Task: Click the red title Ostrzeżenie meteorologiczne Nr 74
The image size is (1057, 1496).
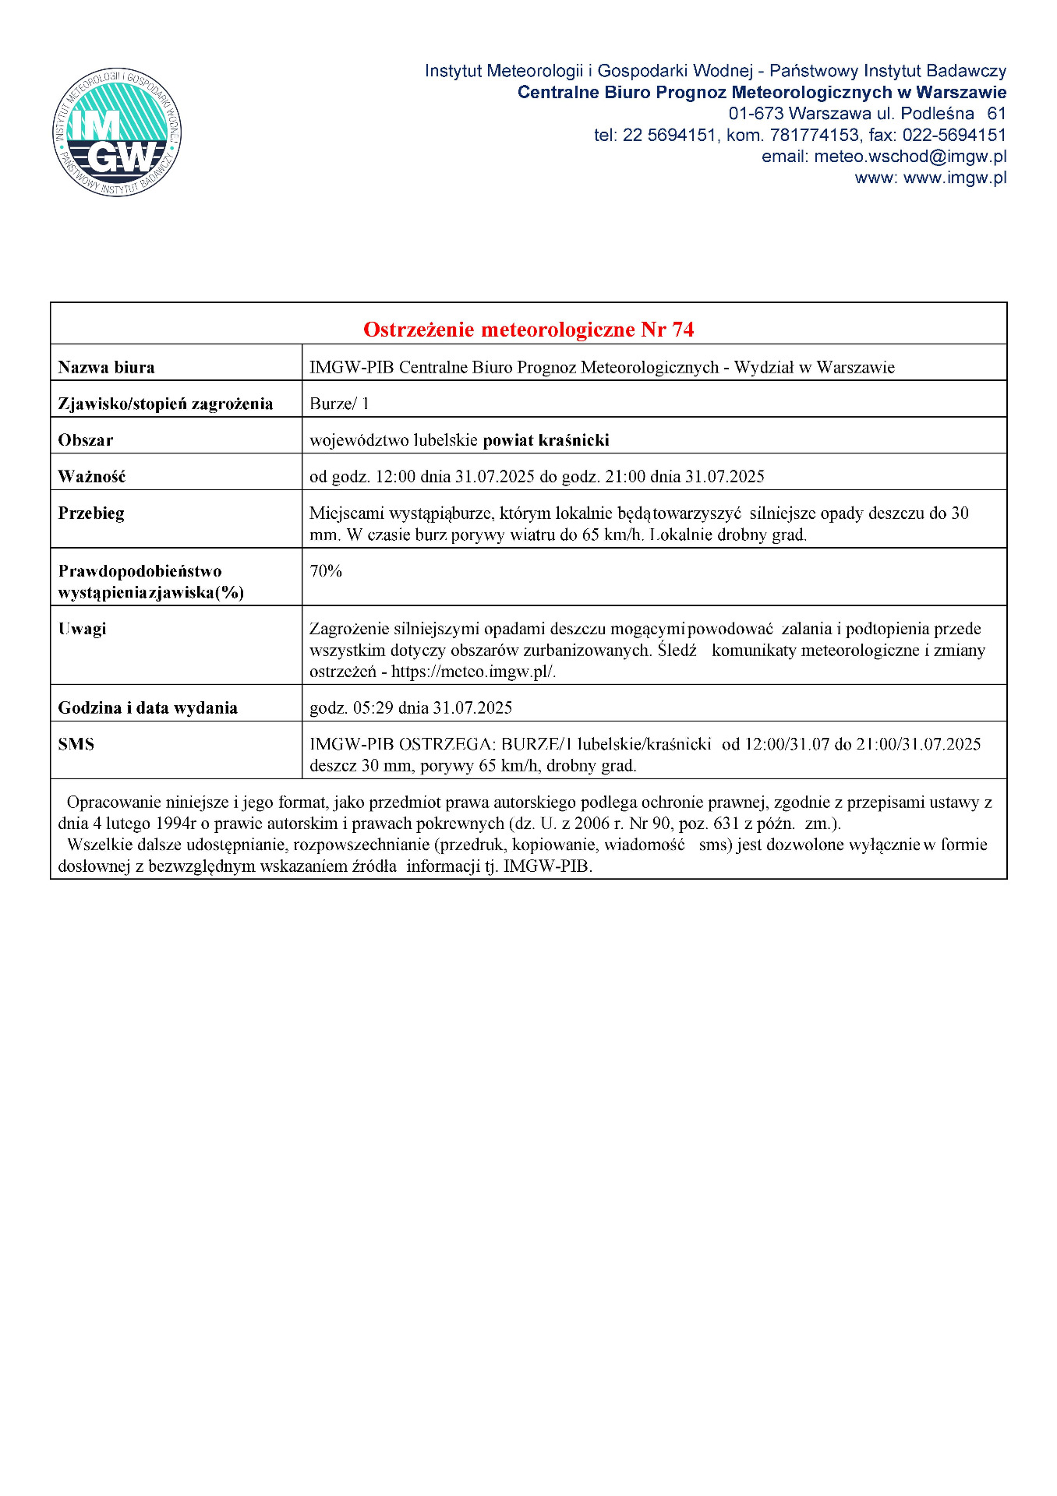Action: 528,330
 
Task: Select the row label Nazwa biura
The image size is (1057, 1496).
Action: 106,367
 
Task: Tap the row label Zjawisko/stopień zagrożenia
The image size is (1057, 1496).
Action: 165,404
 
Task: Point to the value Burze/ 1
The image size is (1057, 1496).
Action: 339,404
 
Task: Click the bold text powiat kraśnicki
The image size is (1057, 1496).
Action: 546,440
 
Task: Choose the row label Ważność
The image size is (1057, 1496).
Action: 92,476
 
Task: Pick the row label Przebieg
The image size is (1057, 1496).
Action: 91,513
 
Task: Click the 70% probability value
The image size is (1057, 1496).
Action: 326,571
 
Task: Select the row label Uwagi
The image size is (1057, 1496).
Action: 82,629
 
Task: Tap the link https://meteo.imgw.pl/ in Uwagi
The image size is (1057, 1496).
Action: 473,672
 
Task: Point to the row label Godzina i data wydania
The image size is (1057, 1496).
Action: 147,708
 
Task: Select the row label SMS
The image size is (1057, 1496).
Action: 76,744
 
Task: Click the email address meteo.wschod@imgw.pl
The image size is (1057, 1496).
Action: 910,157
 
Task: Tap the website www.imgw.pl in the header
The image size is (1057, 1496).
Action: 955,178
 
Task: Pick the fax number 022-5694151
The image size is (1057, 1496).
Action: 954,136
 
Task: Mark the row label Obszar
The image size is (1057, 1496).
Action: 86,440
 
